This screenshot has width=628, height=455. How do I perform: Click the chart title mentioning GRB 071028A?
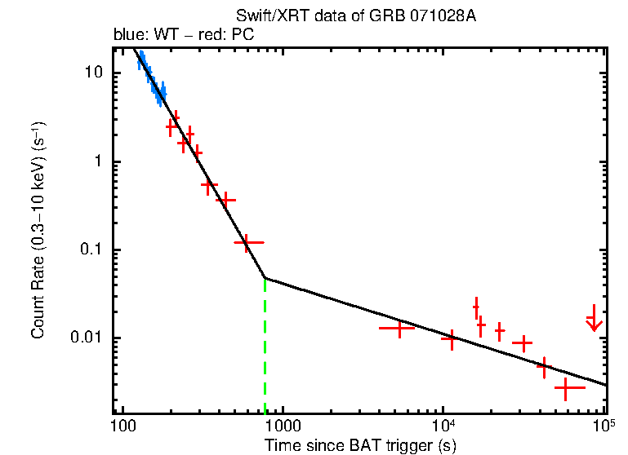click(355, 16)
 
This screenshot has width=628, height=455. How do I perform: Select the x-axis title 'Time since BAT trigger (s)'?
click(360, 444)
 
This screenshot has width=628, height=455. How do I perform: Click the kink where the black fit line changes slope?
click(265, 278)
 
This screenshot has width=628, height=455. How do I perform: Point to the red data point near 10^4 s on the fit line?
click(450, 338)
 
